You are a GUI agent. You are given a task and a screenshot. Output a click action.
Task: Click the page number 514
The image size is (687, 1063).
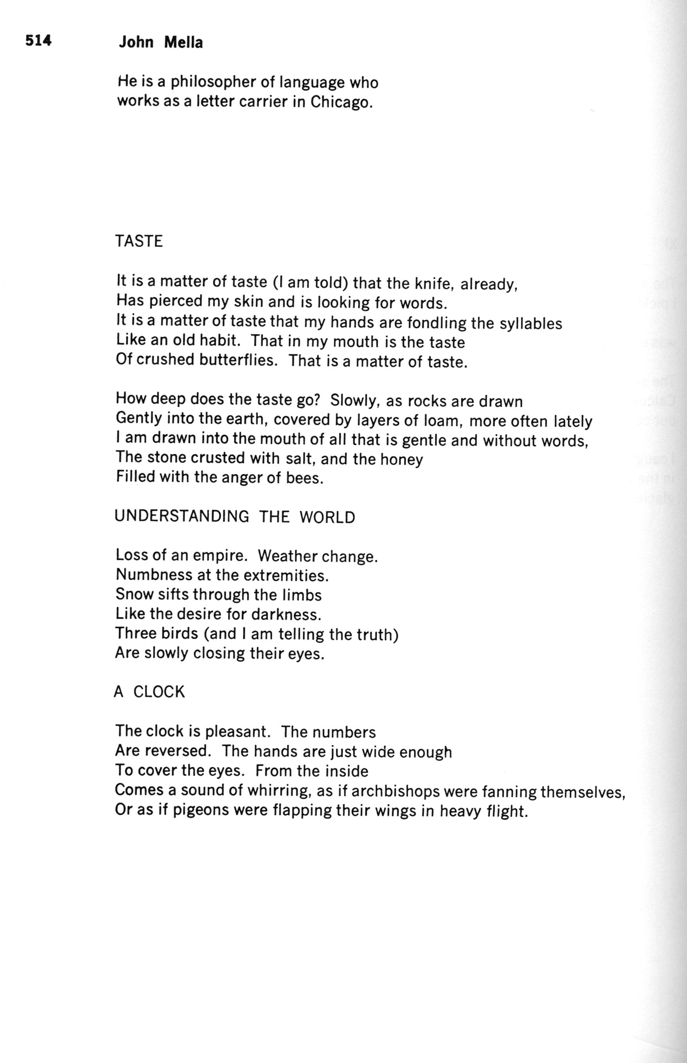pos(38,41)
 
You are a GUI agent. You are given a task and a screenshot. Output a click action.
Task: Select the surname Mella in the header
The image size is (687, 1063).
pos(183,43)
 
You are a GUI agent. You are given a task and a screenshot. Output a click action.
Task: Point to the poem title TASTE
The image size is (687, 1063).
pos(139,241)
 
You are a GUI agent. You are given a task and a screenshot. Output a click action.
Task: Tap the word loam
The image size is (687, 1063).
pos(440,421)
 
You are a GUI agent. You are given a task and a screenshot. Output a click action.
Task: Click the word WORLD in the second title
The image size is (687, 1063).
pos(327,517)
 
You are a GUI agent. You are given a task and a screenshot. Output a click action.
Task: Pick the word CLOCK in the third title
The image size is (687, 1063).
pos(159,692)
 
